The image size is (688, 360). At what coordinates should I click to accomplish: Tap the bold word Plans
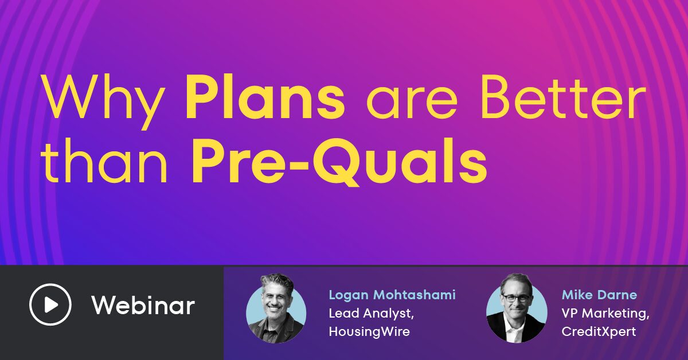point(265,97)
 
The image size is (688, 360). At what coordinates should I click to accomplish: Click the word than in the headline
point(104,161)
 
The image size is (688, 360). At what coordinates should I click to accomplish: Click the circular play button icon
point(50,304)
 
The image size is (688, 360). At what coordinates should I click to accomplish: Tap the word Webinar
point(143,305)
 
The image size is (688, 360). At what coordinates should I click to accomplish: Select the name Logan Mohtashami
point(392,295)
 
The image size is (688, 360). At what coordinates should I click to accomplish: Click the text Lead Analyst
point(371,314)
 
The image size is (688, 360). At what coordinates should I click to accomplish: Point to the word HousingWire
point(369,332)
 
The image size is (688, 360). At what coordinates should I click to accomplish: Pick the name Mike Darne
point(599,295)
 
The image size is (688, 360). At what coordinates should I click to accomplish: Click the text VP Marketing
point(605,314)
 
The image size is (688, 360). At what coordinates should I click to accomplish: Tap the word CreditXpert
point(599,332)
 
